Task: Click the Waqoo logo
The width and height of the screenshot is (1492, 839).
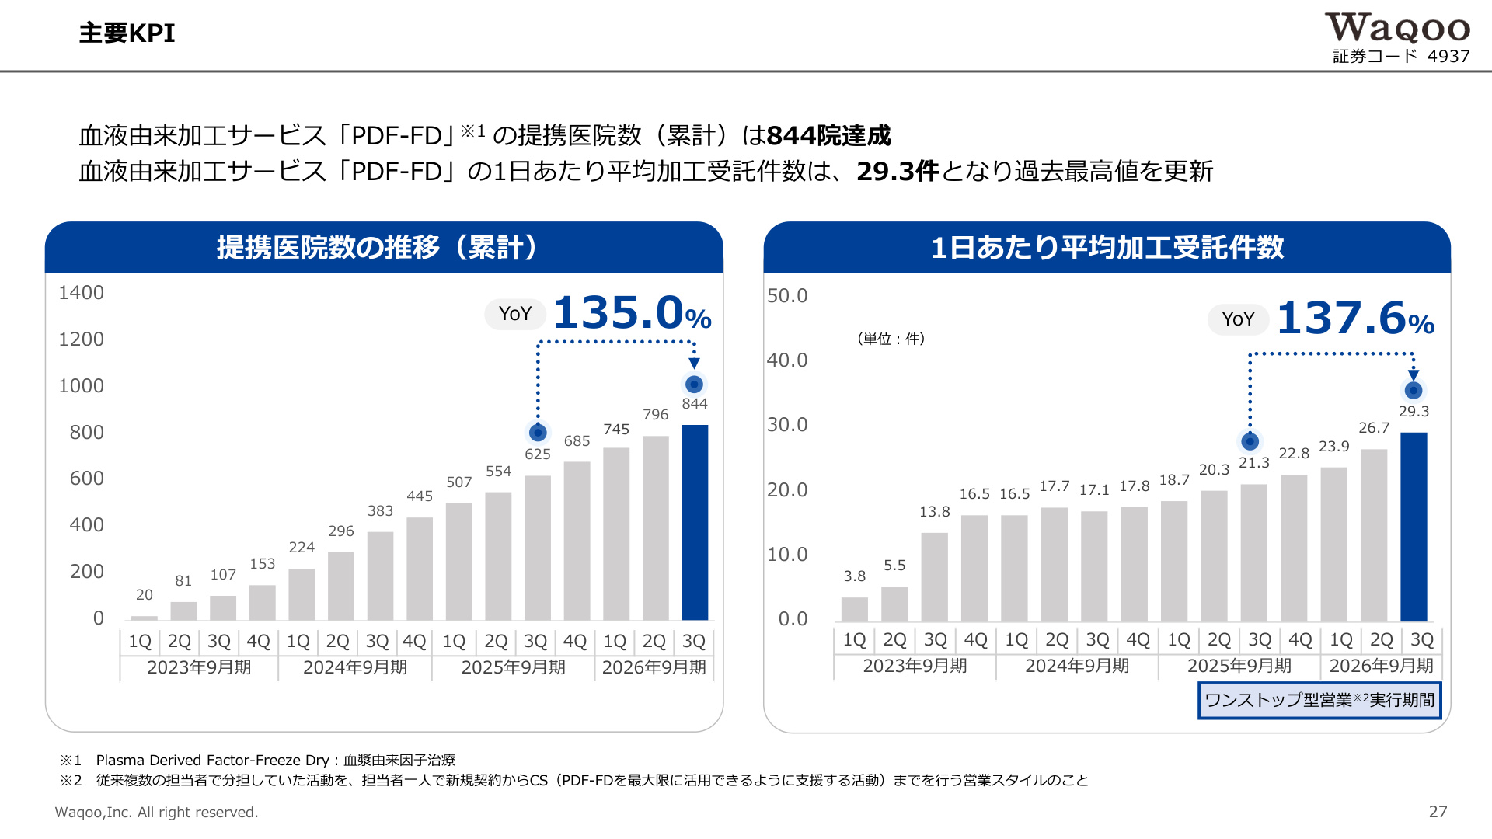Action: [x=1397, y=29]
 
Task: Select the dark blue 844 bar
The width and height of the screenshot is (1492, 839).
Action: [x=695, y=522]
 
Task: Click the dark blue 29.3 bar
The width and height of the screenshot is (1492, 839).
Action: [x=1414, y=527]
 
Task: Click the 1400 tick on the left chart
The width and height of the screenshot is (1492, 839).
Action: [x=81, y=293]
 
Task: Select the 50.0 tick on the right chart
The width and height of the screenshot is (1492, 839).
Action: [x=787, y=296]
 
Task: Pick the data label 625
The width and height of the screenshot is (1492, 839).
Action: [x=538, y=454]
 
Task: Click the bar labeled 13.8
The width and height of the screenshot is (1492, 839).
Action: [x=935, y=576]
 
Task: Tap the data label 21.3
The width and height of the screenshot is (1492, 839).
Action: [x=1254, y=463]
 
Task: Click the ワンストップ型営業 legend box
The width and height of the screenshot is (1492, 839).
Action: [x=1319, y=700]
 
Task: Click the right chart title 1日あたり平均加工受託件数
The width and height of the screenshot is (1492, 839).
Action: [x=1107, y=248]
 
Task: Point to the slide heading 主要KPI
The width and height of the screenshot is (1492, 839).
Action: [x=127, y=33]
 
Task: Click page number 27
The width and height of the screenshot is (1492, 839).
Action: [x=1438, y=812]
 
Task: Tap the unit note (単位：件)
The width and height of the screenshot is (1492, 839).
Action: [x=891, y=339]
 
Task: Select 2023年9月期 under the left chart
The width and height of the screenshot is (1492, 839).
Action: [x=199, y=667]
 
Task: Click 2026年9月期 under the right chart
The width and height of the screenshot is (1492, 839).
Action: [x=1381, y=666]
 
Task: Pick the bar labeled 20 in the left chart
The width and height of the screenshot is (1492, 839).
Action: [x=145, y=618]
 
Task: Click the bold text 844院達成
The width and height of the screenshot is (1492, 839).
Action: [x=828, y=136]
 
